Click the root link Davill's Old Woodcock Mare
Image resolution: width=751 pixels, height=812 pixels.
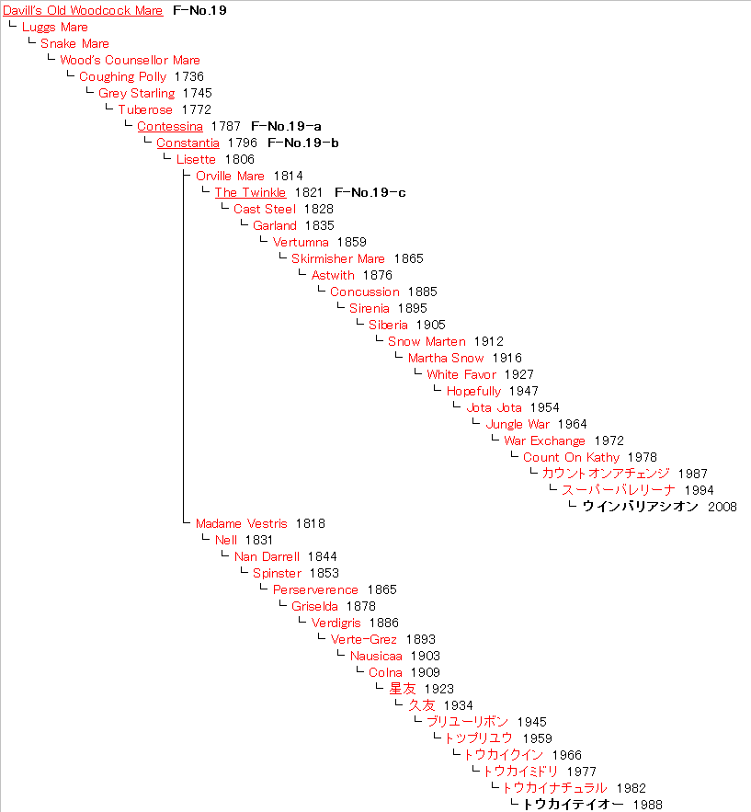[x=83, y=11]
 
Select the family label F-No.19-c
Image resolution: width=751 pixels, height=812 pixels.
[x=370, y=192]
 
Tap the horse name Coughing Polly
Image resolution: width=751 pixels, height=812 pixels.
[x=122, y=76]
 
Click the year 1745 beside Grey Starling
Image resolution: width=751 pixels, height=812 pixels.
[x=198, y=93]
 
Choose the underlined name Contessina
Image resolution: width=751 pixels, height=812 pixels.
[x=170, y=126]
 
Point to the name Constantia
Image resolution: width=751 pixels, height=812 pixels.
[x=188, y=143]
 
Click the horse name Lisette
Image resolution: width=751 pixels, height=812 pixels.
[x=196, y=159]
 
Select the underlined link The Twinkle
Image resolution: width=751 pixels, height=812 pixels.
[x=250, y=192]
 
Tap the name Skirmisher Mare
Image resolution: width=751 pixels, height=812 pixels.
[x=338, y=258]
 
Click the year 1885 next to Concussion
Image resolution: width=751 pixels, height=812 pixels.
[x=423, y=292]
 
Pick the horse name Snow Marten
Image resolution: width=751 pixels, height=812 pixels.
[x=427, y=341]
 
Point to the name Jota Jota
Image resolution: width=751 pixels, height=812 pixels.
[x=494, y=407]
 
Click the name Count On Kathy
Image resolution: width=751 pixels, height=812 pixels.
[x=571, y=457]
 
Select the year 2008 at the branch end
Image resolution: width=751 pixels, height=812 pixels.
[x=722, y=507]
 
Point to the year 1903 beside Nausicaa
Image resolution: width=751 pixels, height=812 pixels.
[x=425, y=656]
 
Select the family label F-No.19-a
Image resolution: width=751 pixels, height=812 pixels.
[x=286, y=126]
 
